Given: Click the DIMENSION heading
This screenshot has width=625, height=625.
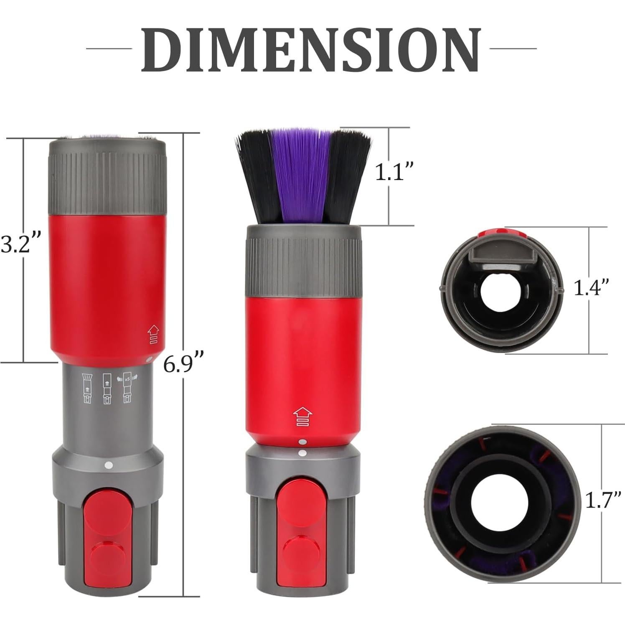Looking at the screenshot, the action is (x=311, y=50).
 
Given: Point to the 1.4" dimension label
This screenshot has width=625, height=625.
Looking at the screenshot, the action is (x=590, y=288).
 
